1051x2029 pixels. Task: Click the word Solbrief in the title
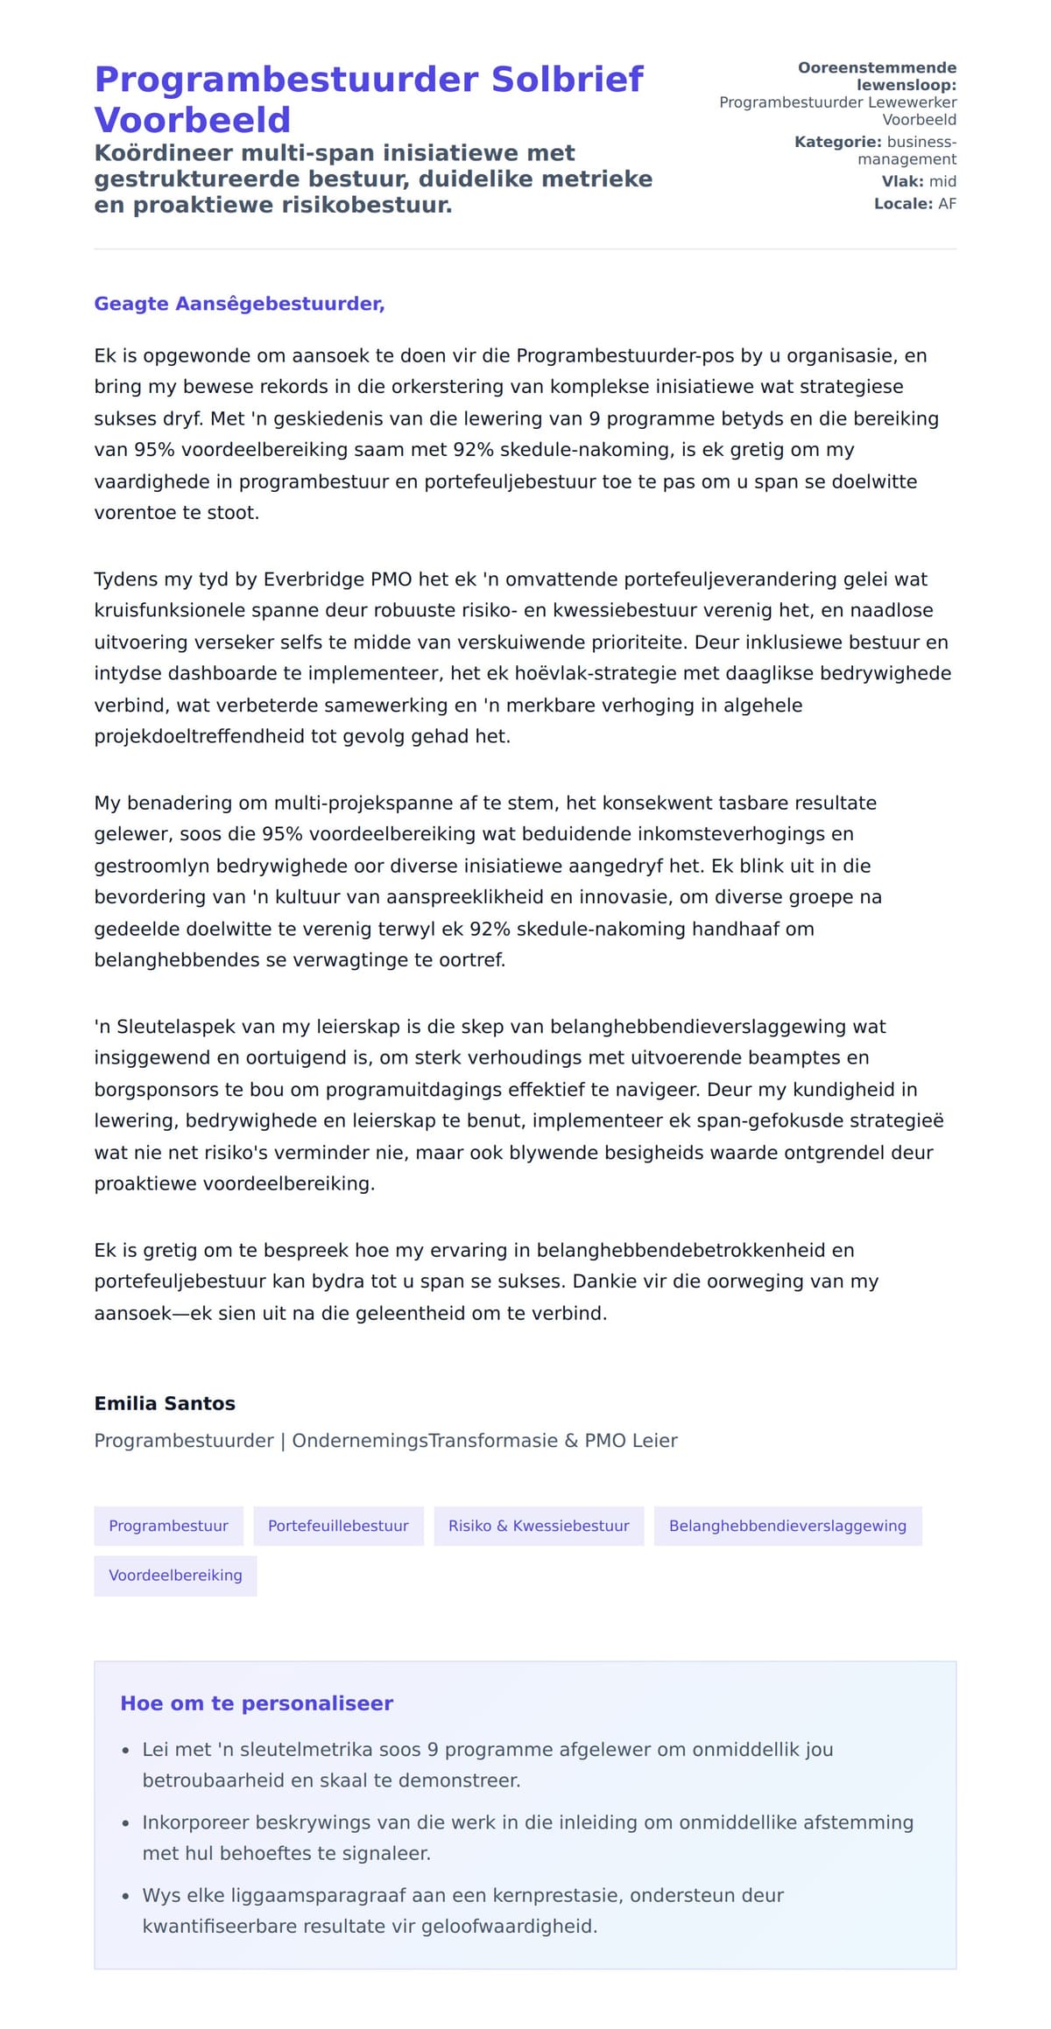[x=567, y=80]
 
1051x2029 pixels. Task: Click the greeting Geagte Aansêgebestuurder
[x=239, y=304]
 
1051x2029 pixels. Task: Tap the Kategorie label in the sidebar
[x=837, y=142]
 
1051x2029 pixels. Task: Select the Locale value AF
[x=947, y=204]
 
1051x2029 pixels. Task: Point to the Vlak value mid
[x=942, y=181]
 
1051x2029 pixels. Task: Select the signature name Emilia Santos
[x=165, y=1403]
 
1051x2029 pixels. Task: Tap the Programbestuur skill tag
[x=168, y=1526]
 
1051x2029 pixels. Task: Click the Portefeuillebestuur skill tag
[x=338, y=1526]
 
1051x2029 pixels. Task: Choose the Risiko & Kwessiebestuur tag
[x=539, y=1526]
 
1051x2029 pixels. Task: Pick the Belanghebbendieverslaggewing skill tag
[x=787, y=1526]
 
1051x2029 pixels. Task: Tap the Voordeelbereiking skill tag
[x=175, y=1575]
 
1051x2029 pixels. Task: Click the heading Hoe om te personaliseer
[x=257, y=1703]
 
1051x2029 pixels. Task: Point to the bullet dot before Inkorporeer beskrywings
[x=126, y=1823]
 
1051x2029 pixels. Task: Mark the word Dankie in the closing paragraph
[x=605, y=1281]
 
